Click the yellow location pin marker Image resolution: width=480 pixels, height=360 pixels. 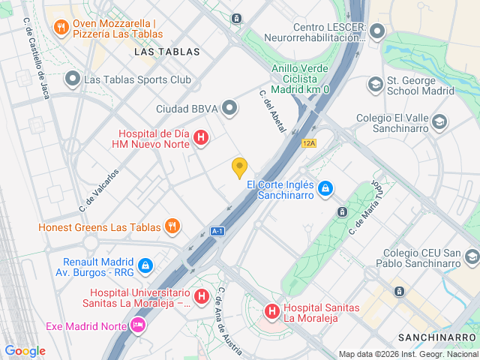(x=239, y=168)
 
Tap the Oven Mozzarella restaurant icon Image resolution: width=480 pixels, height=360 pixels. (x=61, y=28)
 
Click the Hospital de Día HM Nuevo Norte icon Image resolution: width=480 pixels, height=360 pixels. (x=201, y=137)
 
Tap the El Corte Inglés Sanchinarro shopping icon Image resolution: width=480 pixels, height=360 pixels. (x=325, y=187)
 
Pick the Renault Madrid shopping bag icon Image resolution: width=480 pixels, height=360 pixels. (x=145, y=265)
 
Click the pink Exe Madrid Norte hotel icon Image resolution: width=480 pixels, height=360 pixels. (x=137, y=326)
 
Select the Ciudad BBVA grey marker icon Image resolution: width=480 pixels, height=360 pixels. (x=230, y=109)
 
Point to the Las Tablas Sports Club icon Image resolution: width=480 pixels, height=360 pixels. (x=73, y=79)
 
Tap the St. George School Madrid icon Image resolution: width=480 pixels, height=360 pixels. (x=373, y=85)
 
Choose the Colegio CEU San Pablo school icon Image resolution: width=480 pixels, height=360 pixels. (x=471, y=258)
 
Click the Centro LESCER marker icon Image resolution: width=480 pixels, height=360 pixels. (x=376, y=31)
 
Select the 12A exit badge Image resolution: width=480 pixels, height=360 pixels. (x=309, y=142)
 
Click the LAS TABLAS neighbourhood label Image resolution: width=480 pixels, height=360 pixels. (x=167, y=52)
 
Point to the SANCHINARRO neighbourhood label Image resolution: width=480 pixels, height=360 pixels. (x=437, y=337)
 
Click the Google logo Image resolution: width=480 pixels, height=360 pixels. (x=25, y=350)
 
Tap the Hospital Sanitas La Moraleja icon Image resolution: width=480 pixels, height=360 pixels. (x=271, y=310)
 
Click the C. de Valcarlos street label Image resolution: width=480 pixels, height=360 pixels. (x=99, y=189)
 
